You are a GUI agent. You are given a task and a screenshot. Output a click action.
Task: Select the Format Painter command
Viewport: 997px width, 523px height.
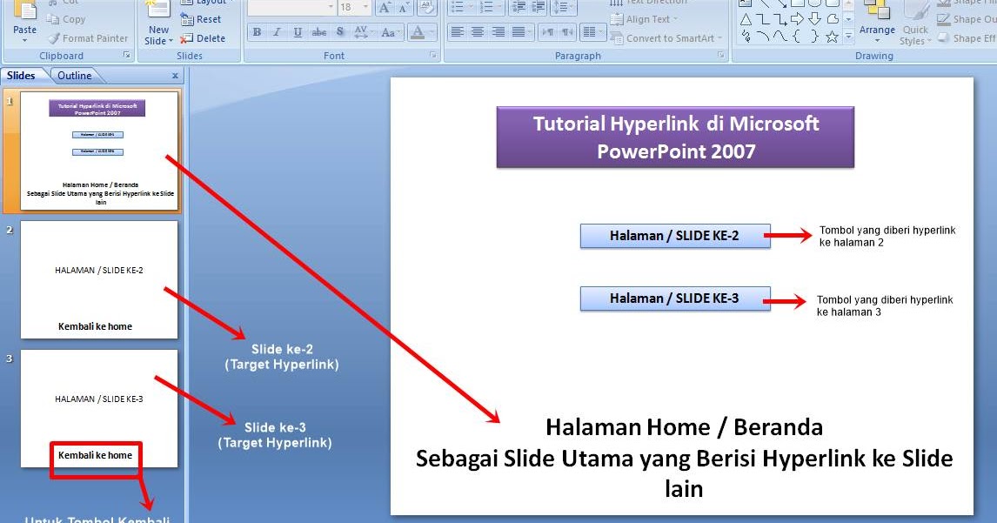(x=88, y=38)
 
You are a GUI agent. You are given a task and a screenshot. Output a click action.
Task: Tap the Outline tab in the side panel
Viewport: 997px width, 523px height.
(x=74, y=76)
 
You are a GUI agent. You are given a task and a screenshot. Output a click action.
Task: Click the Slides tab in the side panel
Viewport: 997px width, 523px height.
(x=21, y=76)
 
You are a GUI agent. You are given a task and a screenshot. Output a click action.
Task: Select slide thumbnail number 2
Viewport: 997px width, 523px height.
(x=99, y=278)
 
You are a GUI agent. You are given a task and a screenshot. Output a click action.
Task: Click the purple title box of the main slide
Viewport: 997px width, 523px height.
(x=675, y=137)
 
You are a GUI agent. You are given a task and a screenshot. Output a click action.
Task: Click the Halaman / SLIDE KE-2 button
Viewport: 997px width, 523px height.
(x=675, y=236)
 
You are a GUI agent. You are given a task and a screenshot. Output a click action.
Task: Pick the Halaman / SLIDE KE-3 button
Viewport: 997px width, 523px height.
(x=675, y=298)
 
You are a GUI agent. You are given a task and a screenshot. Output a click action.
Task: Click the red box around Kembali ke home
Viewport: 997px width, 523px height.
(x=96, y=459)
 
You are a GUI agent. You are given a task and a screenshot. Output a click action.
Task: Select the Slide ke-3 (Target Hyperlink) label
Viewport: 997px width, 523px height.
(x=274, y=435)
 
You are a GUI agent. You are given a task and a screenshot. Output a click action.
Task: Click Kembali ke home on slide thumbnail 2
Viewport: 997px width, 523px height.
(x=95, y=326)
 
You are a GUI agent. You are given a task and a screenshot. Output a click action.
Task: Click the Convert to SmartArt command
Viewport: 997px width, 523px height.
(x=670, y=38)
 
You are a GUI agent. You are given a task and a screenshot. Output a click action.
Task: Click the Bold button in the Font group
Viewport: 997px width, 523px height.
(x=257, y=32)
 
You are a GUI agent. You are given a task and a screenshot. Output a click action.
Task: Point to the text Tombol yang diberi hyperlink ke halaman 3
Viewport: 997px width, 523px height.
(x=884, y=305)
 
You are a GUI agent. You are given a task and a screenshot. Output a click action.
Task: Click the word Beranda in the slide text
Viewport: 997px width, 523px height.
(x=779, y=427)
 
